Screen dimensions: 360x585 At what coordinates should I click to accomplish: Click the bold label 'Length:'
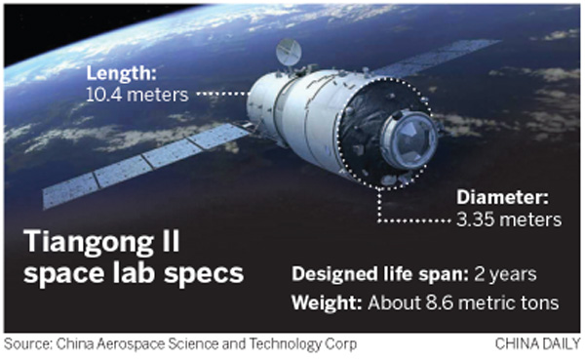[120, 72]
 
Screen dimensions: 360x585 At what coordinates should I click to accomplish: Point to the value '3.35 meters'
[510, 219]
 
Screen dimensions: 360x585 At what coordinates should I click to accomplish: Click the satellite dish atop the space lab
[289, 51]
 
